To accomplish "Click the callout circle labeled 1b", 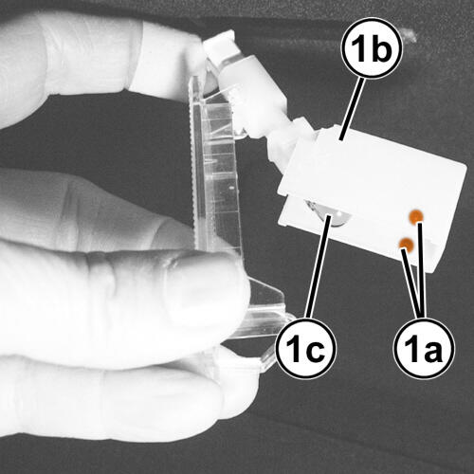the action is pos(372,48).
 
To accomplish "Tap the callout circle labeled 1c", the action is pos(306,348).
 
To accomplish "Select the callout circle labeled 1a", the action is pos(425,348).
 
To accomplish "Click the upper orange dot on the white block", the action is pos(416,216).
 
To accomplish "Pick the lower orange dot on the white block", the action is pos(407,246).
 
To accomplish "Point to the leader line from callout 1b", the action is pos(352,108).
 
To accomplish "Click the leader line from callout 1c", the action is pos(319,266).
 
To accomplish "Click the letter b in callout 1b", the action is pos(381,47).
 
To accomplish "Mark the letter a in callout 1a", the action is pos(433,351).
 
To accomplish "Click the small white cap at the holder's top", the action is pos(219,45).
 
